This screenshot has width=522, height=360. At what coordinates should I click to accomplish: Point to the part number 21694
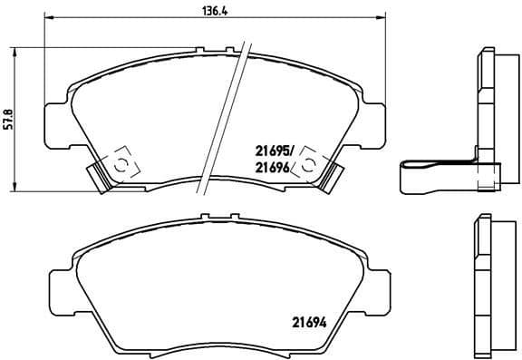tap(309, 318)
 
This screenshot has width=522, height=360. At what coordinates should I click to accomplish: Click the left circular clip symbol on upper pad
tap(120, 162)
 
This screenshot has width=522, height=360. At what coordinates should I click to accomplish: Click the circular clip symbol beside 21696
tap(310, 162)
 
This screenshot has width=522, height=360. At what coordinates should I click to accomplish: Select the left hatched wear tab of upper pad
tap(97, 175)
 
